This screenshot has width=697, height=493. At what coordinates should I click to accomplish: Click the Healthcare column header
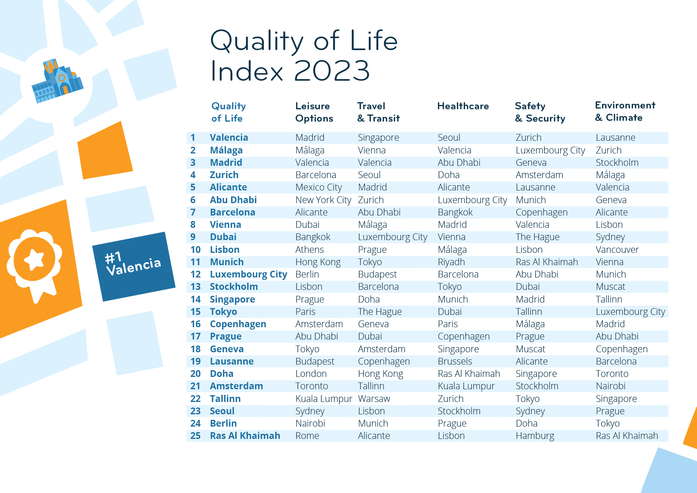pos(463,106)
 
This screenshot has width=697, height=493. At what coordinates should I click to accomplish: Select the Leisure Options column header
pos(314,112)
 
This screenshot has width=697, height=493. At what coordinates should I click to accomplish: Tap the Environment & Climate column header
pos(625,111)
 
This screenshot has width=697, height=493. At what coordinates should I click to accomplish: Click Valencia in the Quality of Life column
pos(229,138)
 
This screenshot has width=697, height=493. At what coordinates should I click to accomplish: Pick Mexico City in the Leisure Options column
pos(319,187)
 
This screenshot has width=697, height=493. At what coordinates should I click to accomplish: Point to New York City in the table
pos(323,200)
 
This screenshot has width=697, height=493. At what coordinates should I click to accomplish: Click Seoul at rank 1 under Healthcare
pos(449,138)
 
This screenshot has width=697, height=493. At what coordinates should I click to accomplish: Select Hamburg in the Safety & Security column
pos(534,436)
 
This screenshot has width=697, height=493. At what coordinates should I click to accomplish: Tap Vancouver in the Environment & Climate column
pos(617,250)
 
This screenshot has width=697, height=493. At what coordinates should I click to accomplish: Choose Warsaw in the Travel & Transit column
pos(374,399)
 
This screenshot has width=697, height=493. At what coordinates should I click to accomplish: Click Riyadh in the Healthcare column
pos(451,262)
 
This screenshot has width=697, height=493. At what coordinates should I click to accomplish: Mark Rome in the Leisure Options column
pos(307,436)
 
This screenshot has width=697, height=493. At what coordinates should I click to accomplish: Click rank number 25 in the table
pos(196,436)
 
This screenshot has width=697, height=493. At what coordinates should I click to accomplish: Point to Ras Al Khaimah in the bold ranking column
pos(245,436)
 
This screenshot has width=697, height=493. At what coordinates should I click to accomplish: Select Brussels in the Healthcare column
pos(455,361)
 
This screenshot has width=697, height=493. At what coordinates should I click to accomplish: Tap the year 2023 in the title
pos(332,71)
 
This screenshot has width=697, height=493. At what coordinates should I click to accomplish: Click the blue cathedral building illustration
pos(58,81)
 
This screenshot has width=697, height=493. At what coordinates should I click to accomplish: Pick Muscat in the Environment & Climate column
pos(610,287)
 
